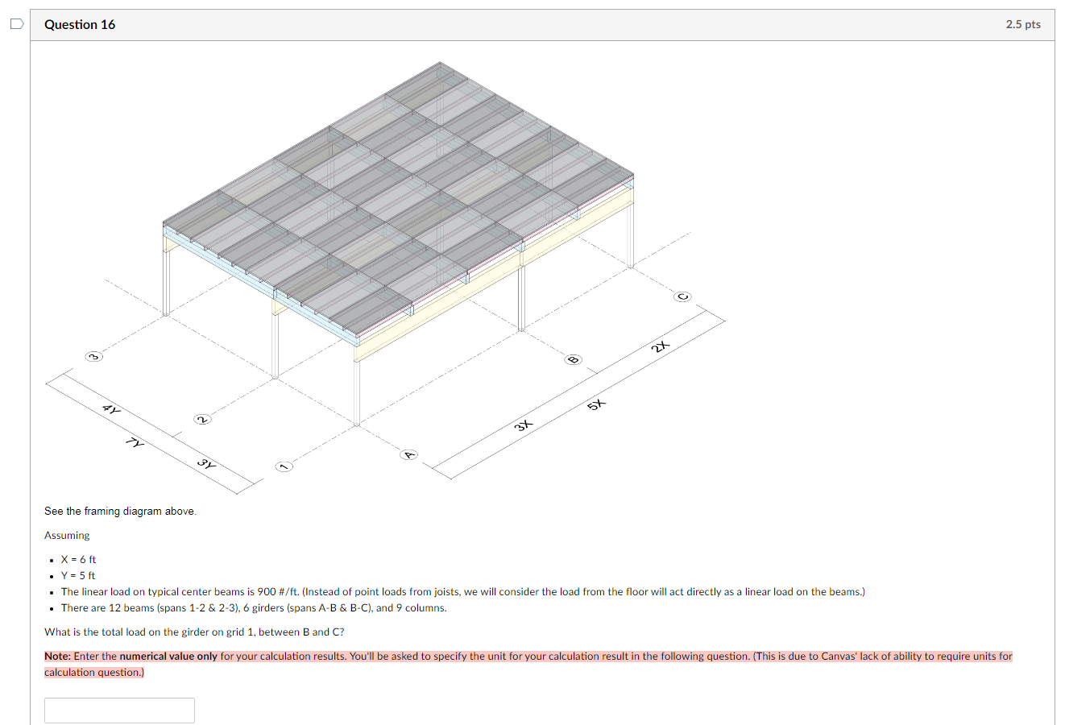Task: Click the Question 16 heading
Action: click(x=80, y=24)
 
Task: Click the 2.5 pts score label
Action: click(x=1022, y=24)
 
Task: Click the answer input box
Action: click(x=119, y=710)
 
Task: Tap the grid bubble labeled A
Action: click(x=409, y=455)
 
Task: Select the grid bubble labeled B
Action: click(x=574, y=359)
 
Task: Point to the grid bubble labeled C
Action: click(x=683, y=296)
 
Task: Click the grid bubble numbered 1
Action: click(x=282, y=466)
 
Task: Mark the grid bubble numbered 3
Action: click(x=94, y=356)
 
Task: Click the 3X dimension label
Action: click(x=524, y=425)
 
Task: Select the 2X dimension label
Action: click(x=661, y=346)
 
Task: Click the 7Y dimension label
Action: click(x=136, y=442)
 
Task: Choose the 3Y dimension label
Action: click(x=206, y=464)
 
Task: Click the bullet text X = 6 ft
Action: click(x=78, y=559)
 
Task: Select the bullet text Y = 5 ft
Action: click(x=78, y=575)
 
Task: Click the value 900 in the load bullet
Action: click(x=266, y=591)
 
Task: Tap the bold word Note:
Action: click(x=58, y=657)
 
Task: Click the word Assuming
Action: click(x=67, y=535)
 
